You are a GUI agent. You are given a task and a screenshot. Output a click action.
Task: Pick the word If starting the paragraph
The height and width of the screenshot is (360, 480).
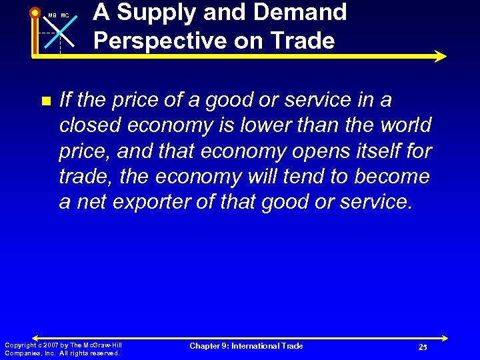point(65,100)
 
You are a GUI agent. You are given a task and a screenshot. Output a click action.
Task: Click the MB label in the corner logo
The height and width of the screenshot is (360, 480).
point(52,15)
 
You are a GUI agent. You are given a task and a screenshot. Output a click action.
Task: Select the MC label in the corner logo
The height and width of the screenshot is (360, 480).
point(65,15)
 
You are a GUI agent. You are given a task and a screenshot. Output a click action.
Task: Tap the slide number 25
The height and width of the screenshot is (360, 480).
point(423,347)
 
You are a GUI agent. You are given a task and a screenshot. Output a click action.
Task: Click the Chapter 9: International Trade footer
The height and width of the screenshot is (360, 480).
point(246,346)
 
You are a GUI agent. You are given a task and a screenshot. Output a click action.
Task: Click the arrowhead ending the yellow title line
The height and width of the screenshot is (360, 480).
point(441,56)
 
